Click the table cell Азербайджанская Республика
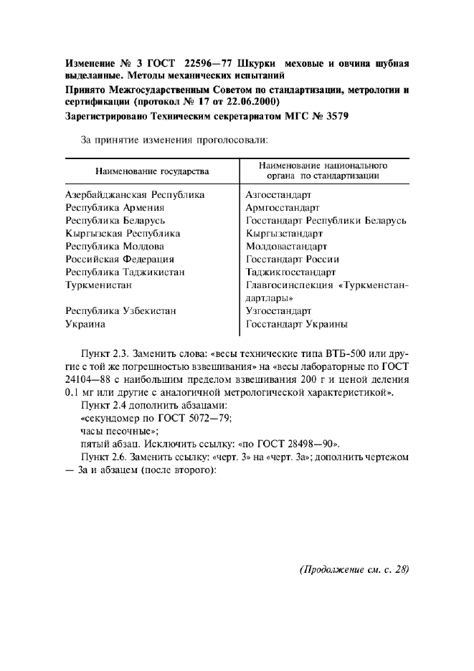click(x=135, y=194)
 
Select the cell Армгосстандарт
click(x=283, y=207)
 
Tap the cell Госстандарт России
click(x=292, y=259)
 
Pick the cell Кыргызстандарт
click(x=284, y=233)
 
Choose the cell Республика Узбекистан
click(x=120, y=311)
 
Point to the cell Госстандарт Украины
click(x=296, y=324)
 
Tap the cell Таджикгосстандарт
click(x=290, y=272)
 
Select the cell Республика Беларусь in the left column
click(x=115, y=220)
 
